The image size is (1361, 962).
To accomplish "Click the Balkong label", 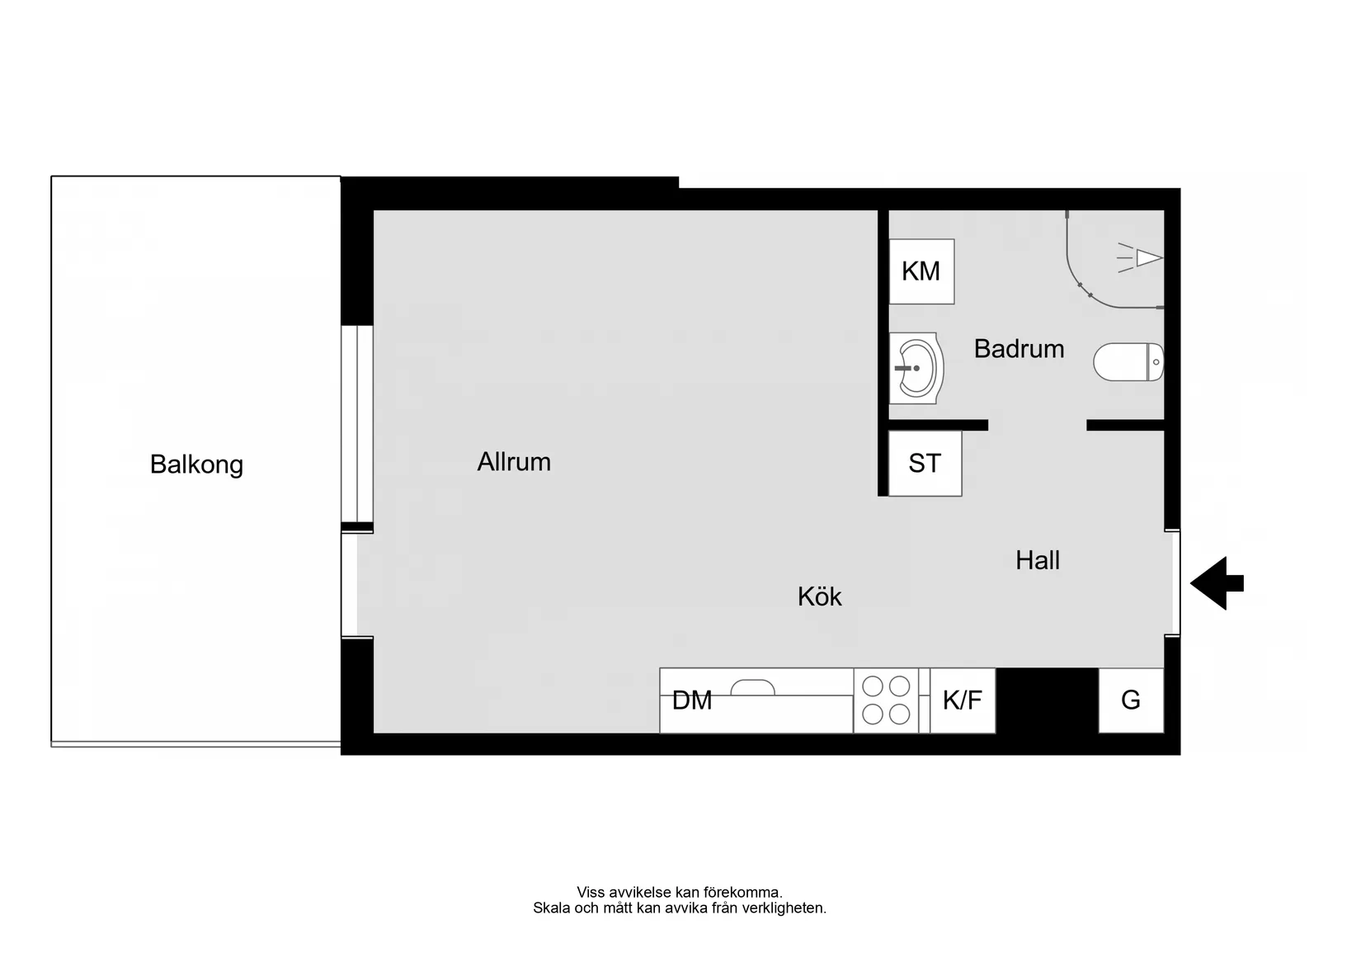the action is click(196, 464).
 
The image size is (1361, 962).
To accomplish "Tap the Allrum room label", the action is click(514, 462).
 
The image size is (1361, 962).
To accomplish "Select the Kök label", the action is click(820, 597).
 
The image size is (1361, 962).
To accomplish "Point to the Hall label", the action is click(1038, 560).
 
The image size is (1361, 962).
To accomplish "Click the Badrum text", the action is click(1019, 349).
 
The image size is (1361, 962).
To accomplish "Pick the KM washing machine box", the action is click(921, 271).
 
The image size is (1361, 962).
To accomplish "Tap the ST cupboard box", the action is click(925, 463).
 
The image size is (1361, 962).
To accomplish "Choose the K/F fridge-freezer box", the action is click(963, 700).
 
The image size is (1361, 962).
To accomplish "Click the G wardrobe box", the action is click(1131, 700).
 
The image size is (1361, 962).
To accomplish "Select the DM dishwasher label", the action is click(692, 700).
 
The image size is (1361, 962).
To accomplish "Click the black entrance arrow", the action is click(1217, 583).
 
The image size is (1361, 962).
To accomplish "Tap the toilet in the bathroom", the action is click(1128, 362).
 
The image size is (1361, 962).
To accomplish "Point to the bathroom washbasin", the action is click(916, 368).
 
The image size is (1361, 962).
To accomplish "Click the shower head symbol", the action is click(1140, 258).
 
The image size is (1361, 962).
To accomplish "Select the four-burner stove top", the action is click(886, 700).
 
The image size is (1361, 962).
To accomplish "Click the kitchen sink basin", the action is click(752, 688).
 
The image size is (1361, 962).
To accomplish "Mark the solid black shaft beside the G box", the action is click(1047, 700).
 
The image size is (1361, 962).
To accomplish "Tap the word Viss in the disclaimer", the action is click(590, 893).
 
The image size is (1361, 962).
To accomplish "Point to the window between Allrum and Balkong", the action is click(356, 423).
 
